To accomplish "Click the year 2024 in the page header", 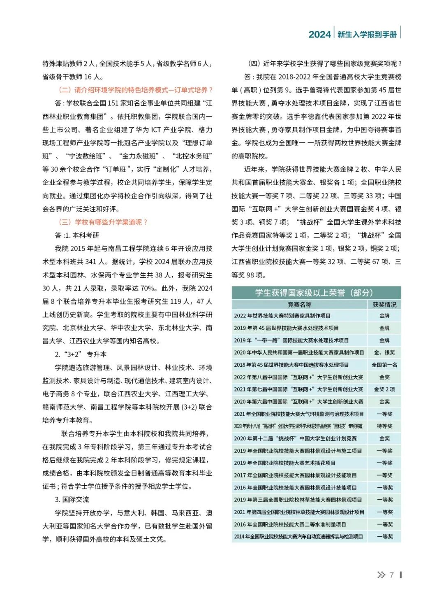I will pyautogui.click(x=319, y=35).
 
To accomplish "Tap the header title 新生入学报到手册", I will pyautogui.click(x=367, y=35).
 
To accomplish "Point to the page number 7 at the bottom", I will pyautogui.click(x=392, y=575).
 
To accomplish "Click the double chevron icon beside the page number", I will pyautogui.click(x=381, y=575).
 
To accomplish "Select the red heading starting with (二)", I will pyautogui.click(x=136, y=90).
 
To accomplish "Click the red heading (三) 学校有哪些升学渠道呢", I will pyautogui.click(x=103, y=222).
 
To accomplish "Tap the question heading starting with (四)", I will pyautogui.click(x=325, y=63).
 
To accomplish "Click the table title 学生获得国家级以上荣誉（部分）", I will pyautogui.click(x=314, y=293).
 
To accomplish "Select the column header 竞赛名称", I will pyautogui.click(x=299, y=305).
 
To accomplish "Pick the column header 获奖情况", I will pyautogui.click(x=384, y=305).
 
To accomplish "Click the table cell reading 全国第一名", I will pyautogui.click(x=384, y=365).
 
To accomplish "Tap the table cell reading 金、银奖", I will pyautogui.click(x=384, y=353).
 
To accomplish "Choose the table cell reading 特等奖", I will pyautogui.click(x=384, y=426).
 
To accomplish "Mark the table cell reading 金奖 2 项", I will pyautogui.click(x=384, y=389).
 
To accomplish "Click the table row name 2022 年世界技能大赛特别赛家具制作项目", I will pyautogui.click(x=282, y=316).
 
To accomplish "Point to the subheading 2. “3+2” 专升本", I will pyautogui.click(x=81, y=354).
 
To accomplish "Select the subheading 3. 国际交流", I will pyautogui.click(x=72, y=500).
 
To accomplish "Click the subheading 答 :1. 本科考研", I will pyautogui.click(x=77, y=235).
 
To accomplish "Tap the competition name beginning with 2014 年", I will pyautogui.click(x=298, y=537).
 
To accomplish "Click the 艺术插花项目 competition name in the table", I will pyautogui.click(x=284, y=463).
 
